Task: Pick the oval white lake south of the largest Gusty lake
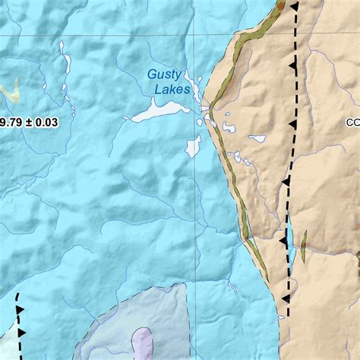pos(193,146)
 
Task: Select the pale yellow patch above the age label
pos(10,92)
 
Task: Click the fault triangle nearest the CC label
pos(290,124)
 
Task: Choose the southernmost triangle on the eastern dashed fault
pos(286,299)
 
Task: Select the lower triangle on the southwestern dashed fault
pos(21,333)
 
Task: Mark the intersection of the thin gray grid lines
pos(193,35)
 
